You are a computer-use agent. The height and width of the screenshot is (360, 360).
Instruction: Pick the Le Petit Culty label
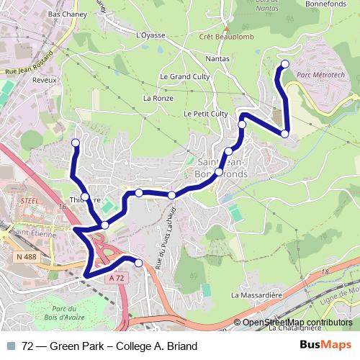click(205, 114)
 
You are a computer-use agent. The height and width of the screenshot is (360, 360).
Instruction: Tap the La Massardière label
click(256, 294)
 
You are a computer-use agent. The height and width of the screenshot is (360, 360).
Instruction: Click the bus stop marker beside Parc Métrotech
click(284, 64)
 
